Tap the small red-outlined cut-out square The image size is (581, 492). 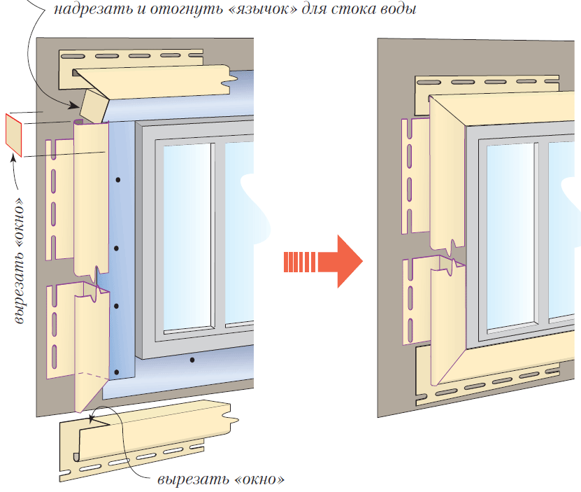point(14,134)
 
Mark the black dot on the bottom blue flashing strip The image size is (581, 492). point(192,360)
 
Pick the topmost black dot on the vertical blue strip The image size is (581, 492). point(118,180)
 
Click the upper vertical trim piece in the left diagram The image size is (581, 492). point(89,196)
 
